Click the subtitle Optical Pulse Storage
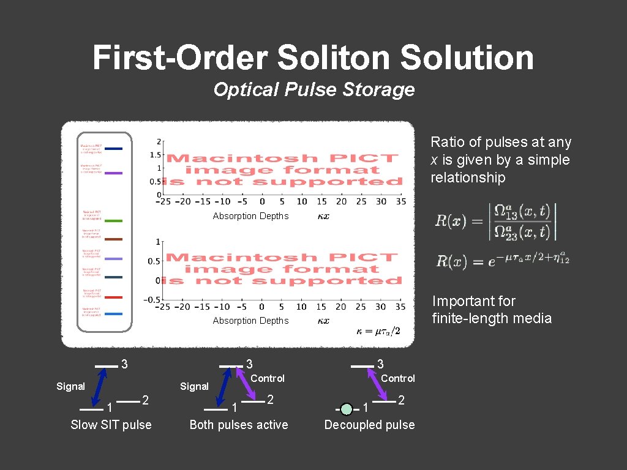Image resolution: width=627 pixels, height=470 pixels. tap(313, 90)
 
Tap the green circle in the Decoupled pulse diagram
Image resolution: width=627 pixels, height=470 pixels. tap(347, 409)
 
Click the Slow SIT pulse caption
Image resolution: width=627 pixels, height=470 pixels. tap(111, 425)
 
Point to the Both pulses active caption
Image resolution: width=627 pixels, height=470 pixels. tap(239, 425)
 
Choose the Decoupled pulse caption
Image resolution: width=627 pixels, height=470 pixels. tap(369, 425)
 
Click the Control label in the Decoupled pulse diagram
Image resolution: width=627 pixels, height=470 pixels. tap(398, 379)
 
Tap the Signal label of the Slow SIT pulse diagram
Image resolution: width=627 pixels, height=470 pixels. tap(70, 387)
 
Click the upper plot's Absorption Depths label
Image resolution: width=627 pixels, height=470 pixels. tap(250, 216)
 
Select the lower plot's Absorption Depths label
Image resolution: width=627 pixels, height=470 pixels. tap(250, 321)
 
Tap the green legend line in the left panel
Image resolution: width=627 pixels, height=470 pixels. tap(113, 220)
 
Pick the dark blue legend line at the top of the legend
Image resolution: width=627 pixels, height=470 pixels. tap(113, 148)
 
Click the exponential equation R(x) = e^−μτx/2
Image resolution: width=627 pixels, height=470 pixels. tap(502, 262)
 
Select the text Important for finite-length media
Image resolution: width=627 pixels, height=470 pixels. tap(492, 310)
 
